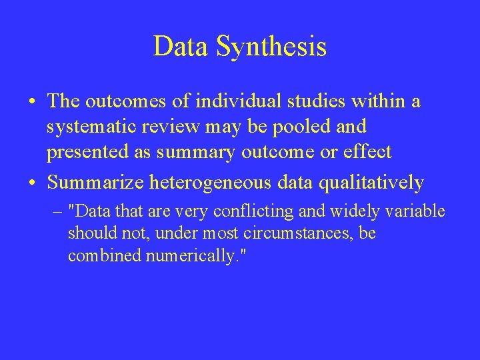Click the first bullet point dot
tap(33, 102)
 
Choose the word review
tap(179, 127)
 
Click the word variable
tap(414, 212)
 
